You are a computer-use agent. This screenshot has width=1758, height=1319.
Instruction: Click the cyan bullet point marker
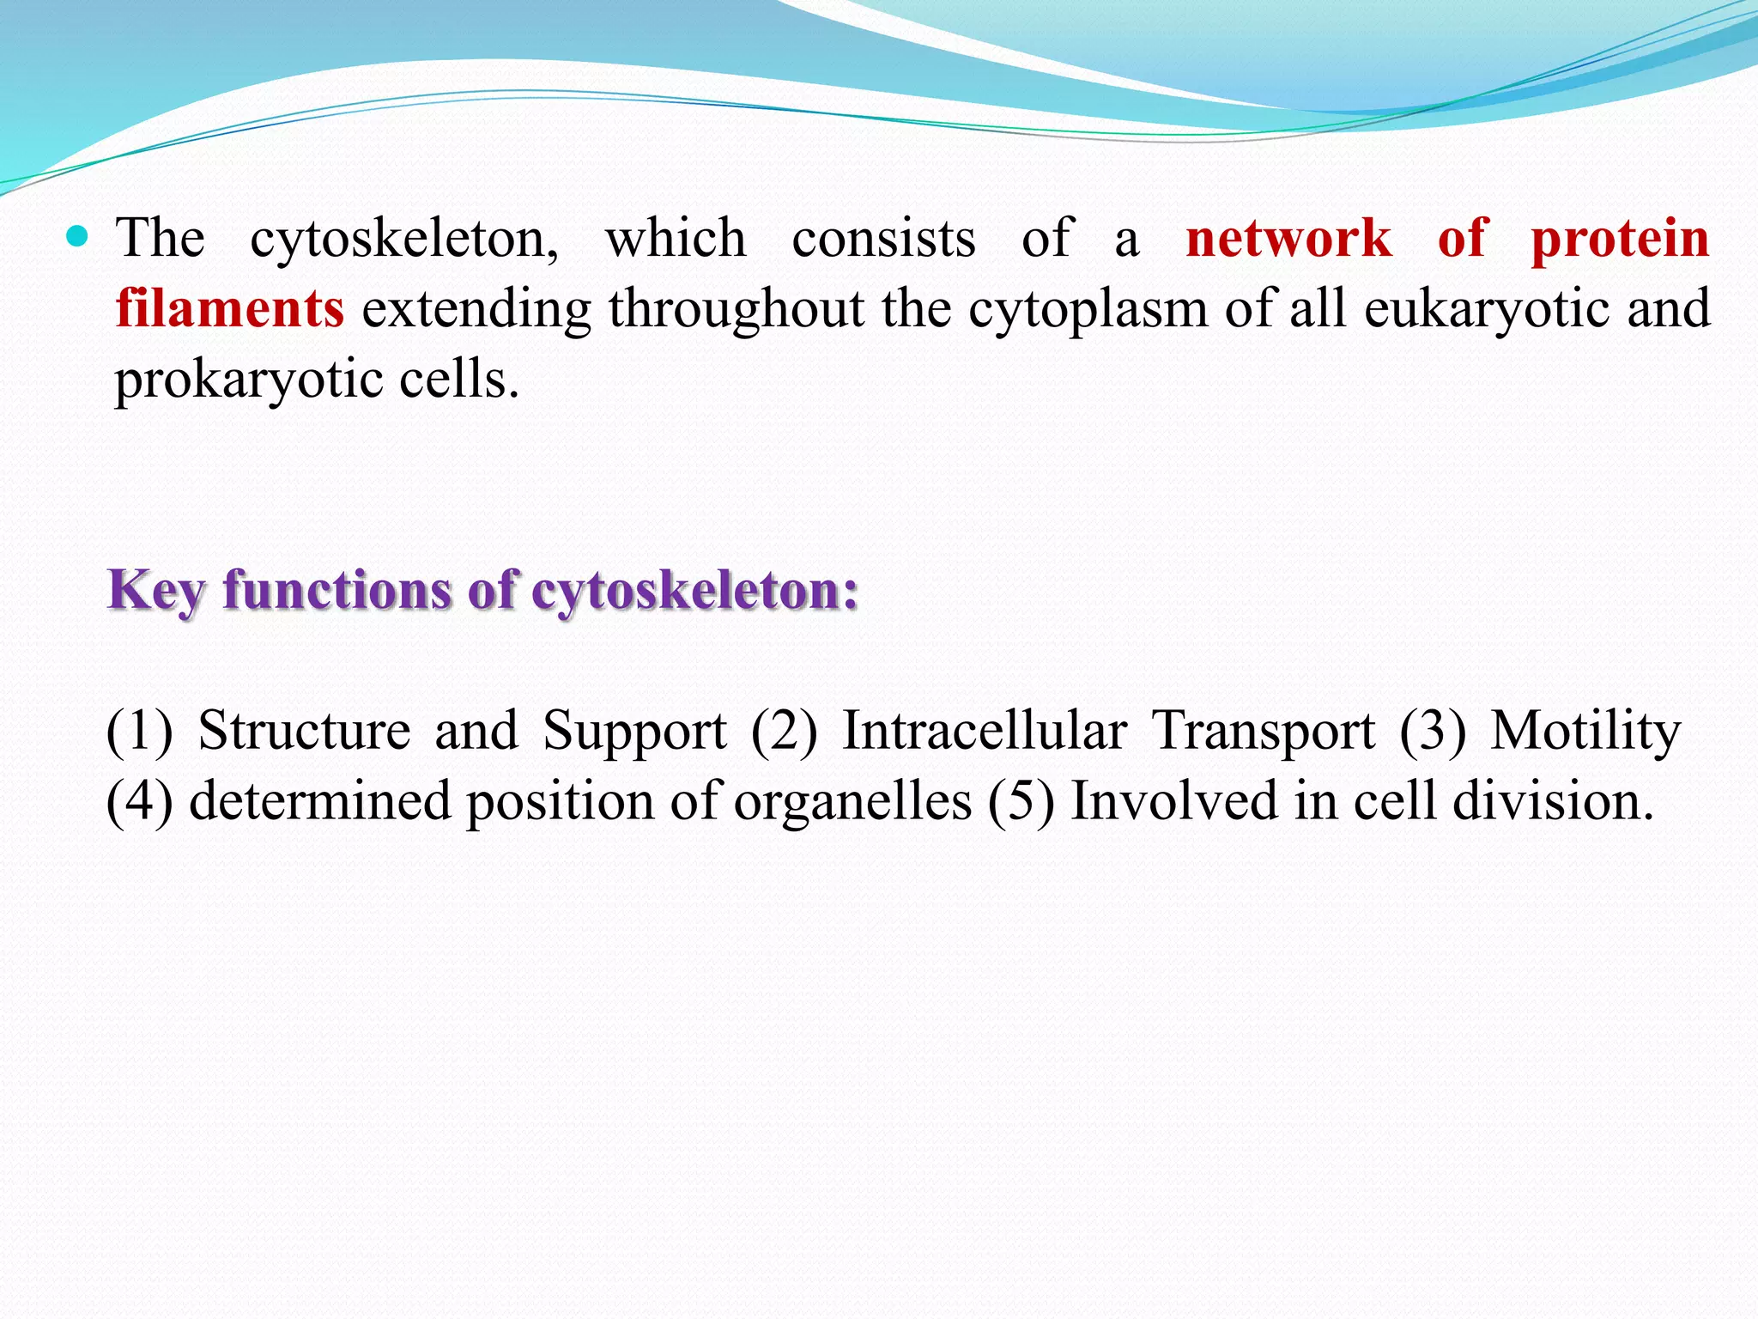pos(77,236)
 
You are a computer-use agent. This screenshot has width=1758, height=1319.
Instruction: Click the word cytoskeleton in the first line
pos(403,240)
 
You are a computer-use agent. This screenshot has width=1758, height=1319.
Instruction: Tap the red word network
pos(1288,239)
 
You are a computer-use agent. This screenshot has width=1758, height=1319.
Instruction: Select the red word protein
pos(1620,240)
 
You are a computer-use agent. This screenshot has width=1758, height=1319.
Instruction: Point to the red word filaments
pos(230,308)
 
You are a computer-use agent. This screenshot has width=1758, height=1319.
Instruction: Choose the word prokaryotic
pos(248,380)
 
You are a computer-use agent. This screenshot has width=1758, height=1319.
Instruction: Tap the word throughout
pos(737,310)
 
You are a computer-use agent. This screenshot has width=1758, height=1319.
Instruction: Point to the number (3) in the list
pos(1432,732)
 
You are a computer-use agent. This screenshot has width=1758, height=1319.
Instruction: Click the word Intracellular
pos(984,732)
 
